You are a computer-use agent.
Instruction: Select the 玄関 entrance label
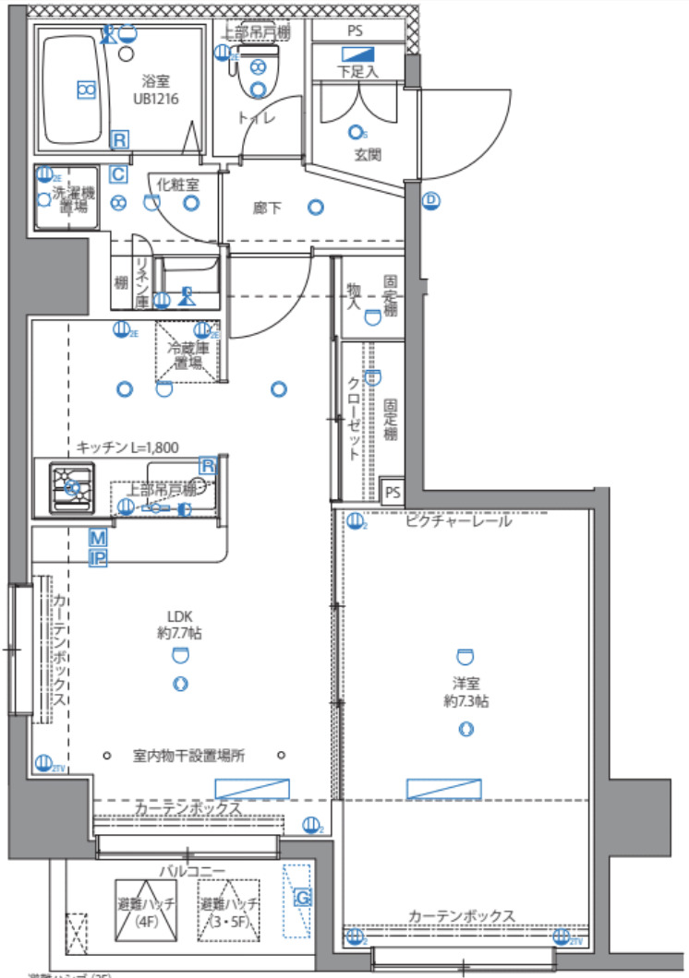(367, 154)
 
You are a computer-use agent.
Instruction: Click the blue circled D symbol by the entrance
(430, 200)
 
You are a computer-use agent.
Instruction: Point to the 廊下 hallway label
(267, 209)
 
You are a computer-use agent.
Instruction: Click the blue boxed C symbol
(118, 173)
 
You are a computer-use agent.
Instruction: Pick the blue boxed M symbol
(98, 538)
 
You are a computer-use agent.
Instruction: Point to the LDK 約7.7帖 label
(180, 625)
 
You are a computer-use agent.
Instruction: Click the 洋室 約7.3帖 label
(465, 693)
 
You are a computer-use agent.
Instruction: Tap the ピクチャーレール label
(458, 521)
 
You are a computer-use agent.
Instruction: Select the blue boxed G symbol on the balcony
(300, 896)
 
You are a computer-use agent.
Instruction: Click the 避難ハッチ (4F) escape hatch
(145, 911)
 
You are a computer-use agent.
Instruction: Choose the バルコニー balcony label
(191, 870)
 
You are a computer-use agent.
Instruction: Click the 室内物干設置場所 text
(188, 756)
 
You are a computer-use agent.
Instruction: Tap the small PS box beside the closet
(393, 492)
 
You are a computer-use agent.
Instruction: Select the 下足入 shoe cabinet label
(357, 70)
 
